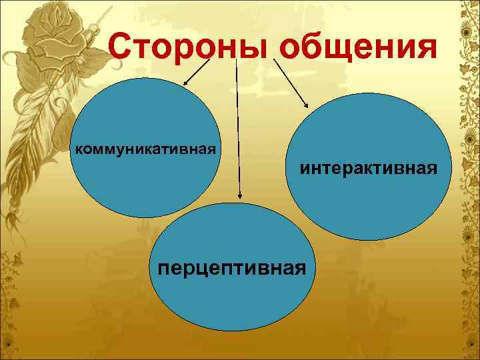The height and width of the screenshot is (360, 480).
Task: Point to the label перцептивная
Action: coord(233,267)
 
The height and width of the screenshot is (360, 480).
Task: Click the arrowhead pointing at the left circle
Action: coord(185,84)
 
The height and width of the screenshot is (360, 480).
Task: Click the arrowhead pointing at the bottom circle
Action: coord(240,196)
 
